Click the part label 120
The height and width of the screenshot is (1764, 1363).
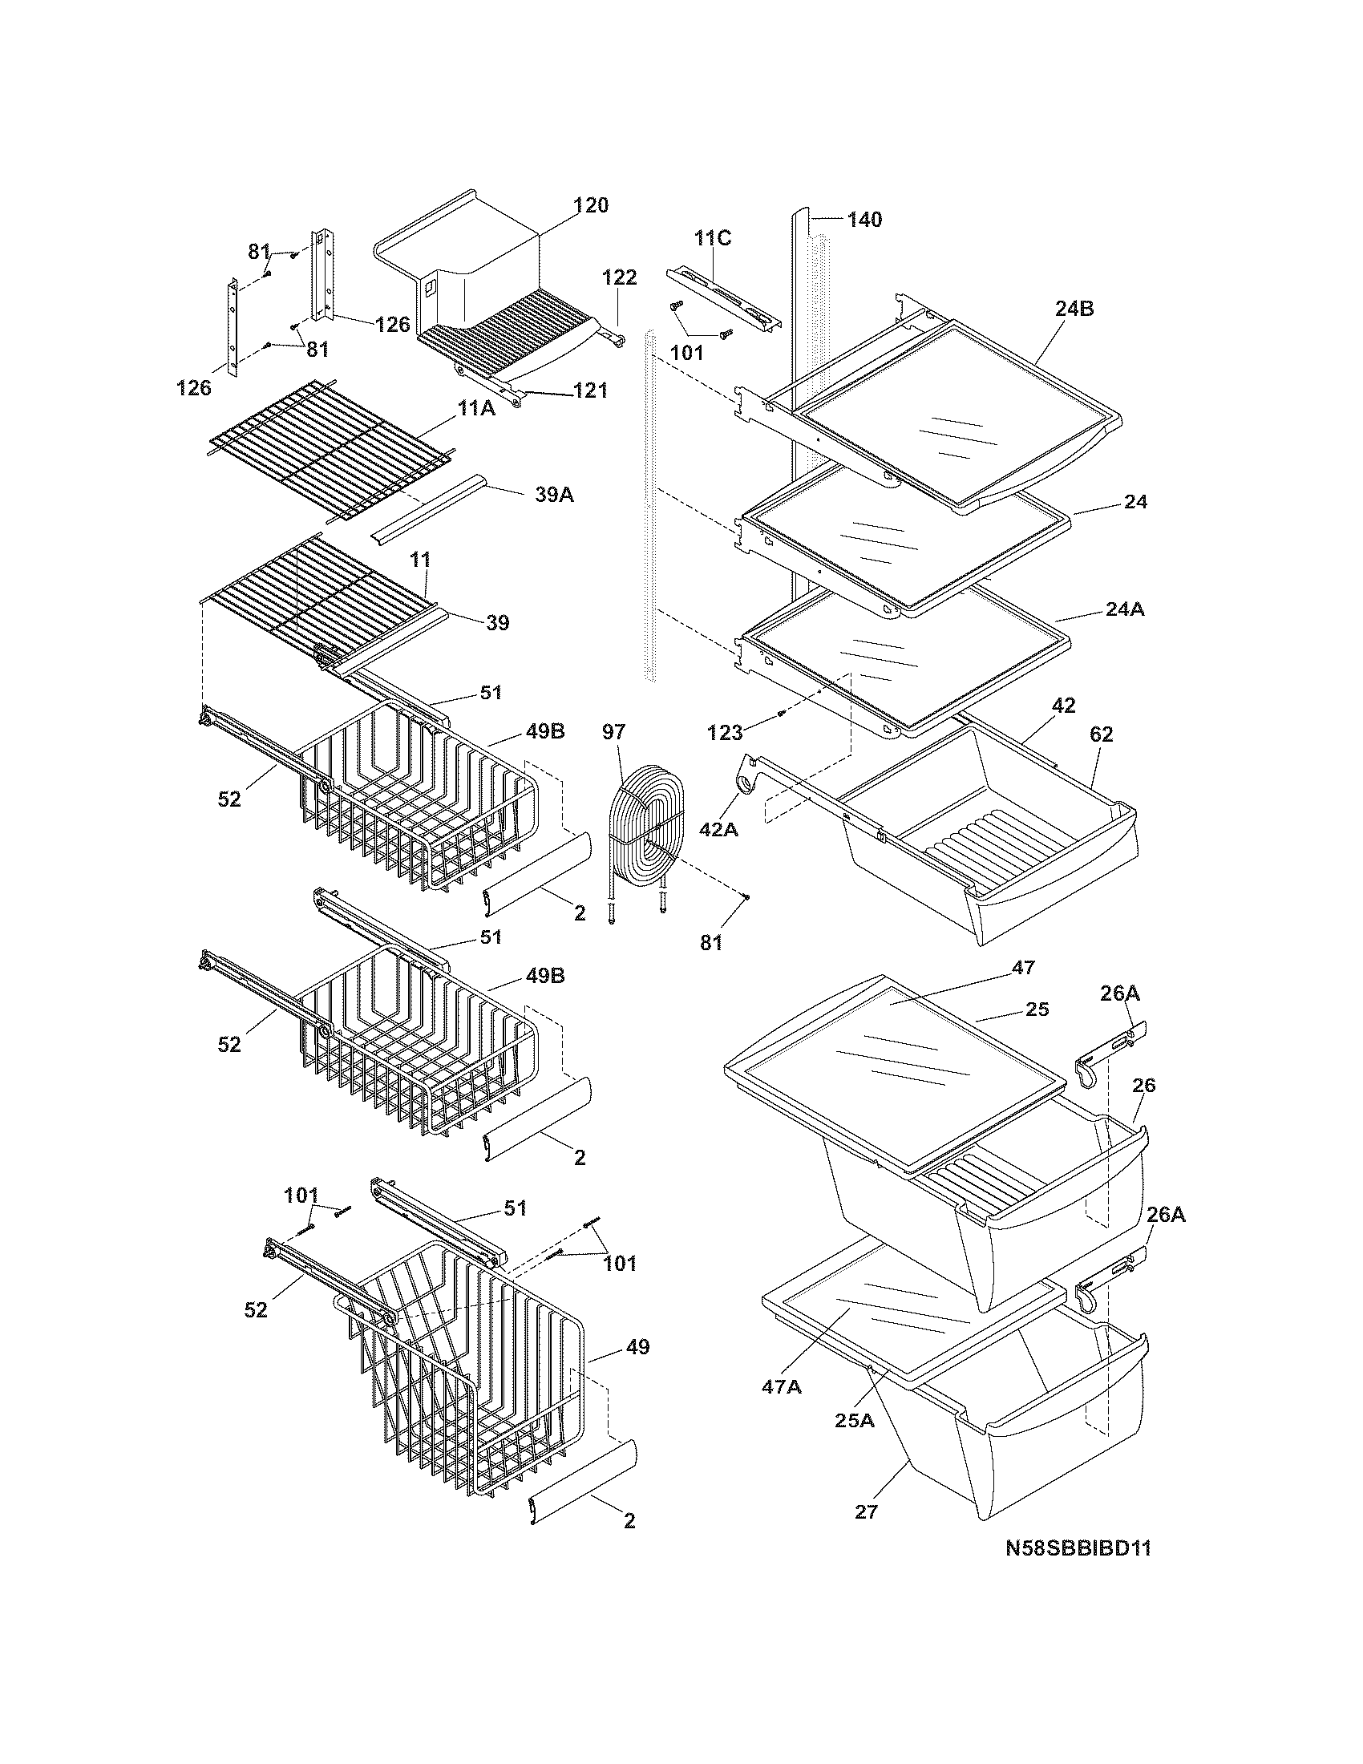click(x=591, y=205)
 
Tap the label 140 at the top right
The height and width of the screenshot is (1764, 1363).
click(x=864, y=220)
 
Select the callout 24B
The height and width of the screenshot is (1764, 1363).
click(x=1074, y=309)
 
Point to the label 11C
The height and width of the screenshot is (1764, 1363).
click(x=713, y=238)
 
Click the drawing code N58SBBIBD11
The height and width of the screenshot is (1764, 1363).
click(x=1077, y=1548)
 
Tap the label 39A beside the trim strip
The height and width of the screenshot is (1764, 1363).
click(x=555, y=495)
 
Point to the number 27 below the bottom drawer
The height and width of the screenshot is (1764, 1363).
click(x=866, y=1511)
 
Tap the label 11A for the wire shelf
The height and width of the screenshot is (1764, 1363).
click(x=476, y=410)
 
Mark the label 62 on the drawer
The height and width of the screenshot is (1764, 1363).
click(x=1101, y=734)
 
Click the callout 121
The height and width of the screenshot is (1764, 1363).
click(x=589, y=390)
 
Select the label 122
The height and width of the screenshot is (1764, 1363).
click(x=619, y=277)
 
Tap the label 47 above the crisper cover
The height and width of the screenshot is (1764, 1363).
click(x=1023, y=968)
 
